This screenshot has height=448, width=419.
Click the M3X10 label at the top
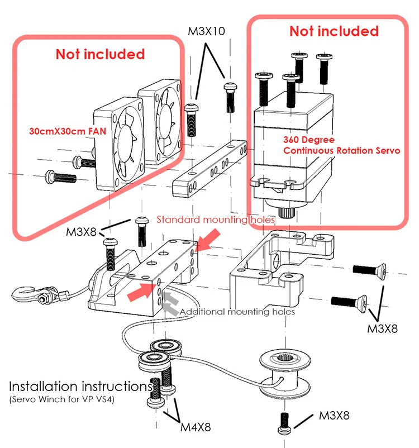click(206, 31)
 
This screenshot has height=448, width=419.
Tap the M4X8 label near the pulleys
click(196, 427)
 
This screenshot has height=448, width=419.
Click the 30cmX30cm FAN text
click(68, 131)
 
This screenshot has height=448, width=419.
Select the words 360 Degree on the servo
click(309, 140)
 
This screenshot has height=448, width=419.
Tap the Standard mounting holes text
click(216, 220)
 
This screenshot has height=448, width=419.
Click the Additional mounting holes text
click(237, 312)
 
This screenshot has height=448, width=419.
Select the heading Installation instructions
click(80, 387)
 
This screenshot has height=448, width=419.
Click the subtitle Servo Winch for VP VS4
click(62, 399)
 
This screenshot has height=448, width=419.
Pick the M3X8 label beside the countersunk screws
click(382, 328)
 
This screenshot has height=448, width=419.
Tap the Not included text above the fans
click(101, 54)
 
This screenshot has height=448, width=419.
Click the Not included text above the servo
click(334, 31)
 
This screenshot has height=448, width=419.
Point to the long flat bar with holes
click(210, 169)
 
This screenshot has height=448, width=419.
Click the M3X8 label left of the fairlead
click(81, 232)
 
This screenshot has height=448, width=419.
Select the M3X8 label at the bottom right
click(334, 416)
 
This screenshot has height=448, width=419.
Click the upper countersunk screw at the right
click(369, 270)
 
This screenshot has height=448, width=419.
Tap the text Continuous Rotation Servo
click(341, 151)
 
